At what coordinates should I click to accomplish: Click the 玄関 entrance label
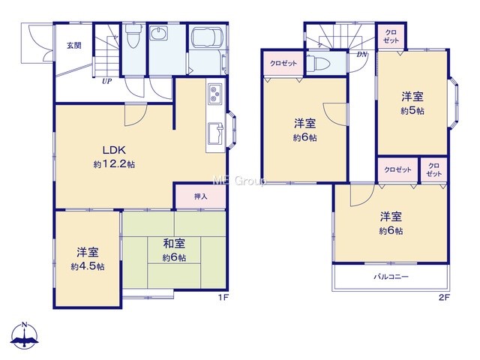(x=74, y=46)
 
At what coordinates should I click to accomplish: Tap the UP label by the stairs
(x=106, y=82)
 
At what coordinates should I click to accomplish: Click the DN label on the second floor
(x=361, y=55)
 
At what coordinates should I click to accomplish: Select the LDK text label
(x=114, y=150)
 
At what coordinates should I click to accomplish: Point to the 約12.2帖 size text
(x=114, y=164)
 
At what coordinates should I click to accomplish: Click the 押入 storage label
(x=200, y=196)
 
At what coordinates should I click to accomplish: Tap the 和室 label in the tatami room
(x=174, y=244)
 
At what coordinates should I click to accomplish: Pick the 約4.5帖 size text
(x=88, y=267)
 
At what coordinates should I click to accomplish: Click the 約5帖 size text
(x=412, y=110)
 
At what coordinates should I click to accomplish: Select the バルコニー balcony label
(x=391, y=277)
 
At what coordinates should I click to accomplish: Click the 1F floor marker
(x=223, y=297)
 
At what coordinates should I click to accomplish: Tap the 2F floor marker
(x=444, y=297)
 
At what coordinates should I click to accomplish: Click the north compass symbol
(x=24, y=335)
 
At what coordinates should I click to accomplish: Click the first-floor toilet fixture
(x=133, y=36)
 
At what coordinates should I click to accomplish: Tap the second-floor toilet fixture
(x=318, y=63)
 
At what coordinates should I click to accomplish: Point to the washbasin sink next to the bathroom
(x=158, y=33)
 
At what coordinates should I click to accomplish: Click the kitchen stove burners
(x=215, y=94)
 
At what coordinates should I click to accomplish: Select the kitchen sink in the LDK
(x=216, y=133)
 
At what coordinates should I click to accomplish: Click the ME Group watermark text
(x=239, y=181)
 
